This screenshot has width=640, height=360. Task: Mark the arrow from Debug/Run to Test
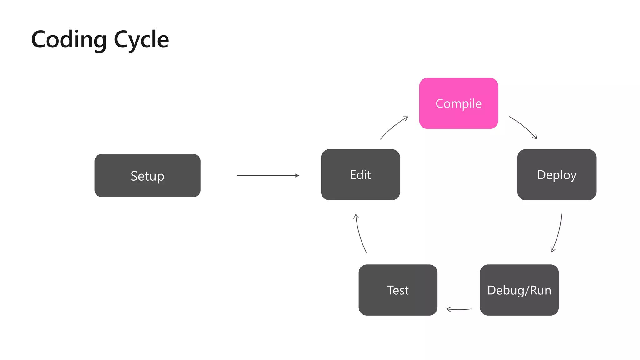458,309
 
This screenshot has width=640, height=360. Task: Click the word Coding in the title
69,40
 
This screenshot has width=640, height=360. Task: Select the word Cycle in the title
141,40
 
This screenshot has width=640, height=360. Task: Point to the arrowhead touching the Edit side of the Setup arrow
297,176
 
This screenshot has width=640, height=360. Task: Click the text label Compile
458,104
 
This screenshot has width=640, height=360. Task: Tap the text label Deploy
557,175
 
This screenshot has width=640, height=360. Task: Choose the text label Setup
147,176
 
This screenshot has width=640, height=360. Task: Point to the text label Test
398,290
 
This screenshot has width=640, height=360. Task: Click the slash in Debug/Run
527,290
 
